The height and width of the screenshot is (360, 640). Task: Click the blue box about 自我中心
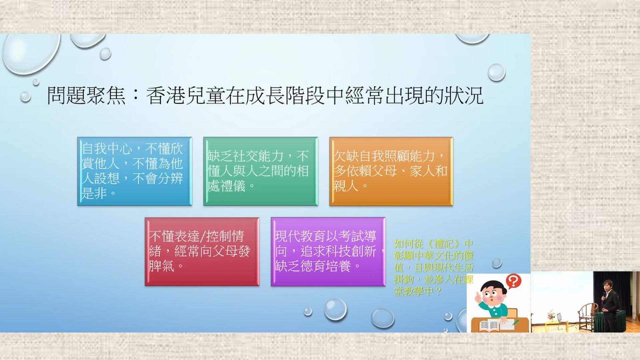135,171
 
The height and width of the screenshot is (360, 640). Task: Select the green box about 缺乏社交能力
261,171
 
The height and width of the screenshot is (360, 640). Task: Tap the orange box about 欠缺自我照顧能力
391,171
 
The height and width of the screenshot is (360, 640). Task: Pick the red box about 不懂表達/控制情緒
202,252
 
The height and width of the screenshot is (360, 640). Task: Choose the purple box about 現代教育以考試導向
328,252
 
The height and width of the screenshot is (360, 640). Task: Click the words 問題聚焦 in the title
86,96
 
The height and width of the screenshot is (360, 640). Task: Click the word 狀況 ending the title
464,96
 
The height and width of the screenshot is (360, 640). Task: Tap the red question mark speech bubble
513,281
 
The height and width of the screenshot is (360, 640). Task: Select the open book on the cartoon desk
489,325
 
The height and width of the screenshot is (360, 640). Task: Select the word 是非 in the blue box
94,193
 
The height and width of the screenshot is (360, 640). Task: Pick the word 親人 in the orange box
346,186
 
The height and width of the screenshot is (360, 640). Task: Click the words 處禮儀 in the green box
226,186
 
